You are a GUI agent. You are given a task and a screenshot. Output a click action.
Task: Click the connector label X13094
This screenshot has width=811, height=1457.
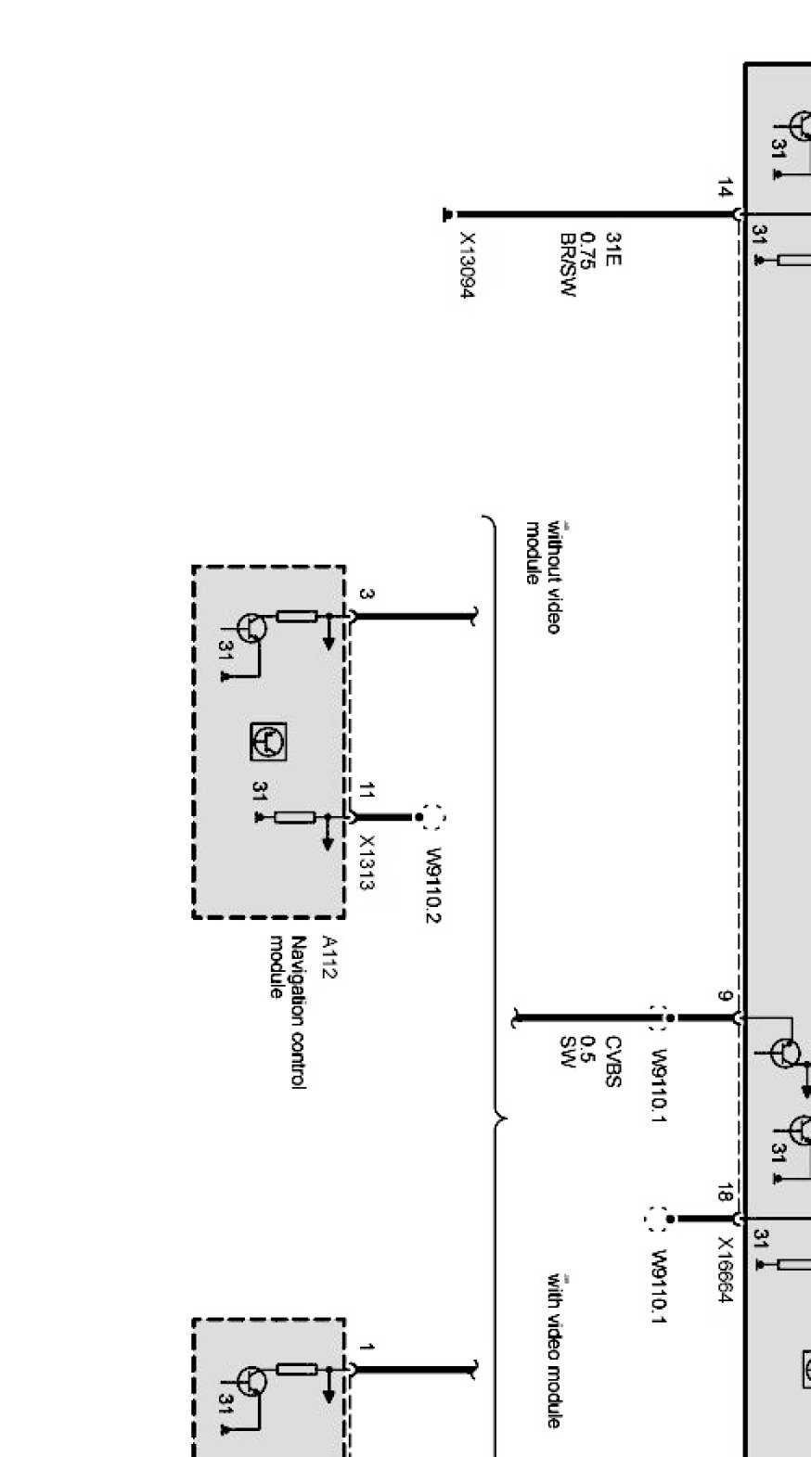[x=468, y=265]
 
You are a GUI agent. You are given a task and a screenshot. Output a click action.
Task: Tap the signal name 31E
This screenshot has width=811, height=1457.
[x=612, y=249]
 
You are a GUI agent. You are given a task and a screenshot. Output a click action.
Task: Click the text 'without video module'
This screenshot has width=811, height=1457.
[x=543, y=577]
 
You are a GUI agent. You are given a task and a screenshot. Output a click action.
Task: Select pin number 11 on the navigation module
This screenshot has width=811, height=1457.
[x=367, y=791]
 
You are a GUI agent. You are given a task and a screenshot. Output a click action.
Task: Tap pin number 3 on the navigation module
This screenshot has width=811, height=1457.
[x=367, y=594]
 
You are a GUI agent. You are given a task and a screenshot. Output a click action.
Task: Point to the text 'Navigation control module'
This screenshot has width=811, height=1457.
[x=288, y=1011]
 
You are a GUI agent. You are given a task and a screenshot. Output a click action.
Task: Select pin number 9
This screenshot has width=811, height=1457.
[x=724, y=997]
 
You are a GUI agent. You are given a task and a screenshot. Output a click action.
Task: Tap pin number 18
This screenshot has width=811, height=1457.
[x=724, y=1193]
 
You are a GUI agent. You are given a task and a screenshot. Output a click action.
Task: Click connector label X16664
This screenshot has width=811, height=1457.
[x=726, y=1270]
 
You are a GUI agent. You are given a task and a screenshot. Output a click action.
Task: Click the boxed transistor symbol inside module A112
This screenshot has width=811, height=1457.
[x=268, y=741]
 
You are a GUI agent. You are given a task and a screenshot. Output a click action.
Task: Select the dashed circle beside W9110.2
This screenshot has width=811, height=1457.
[x=432, y=817]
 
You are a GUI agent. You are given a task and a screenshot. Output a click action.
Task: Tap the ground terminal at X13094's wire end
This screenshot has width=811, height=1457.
[x=447, y=214]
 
